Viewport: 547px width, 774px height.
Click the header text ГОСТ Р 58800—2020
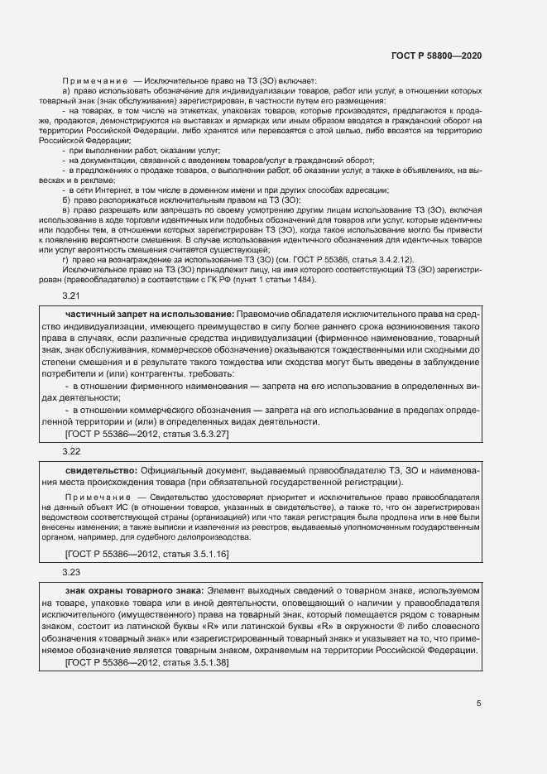tap(435, 55)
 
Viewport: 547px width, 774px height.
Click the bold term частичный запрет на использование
tap(149, 315)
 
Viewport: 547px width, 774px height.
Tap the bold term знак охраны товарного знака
tap(134, 590)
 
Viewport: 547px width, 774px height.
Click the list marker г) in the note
tap(66, 259)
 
